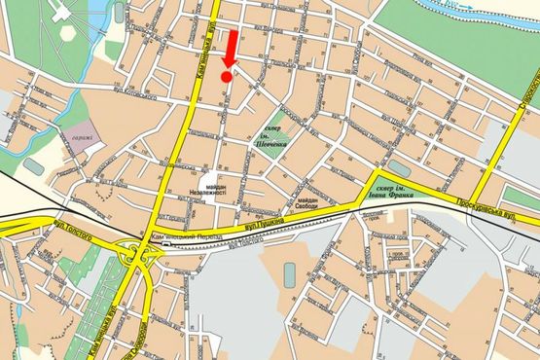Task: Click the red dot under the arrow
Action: (227, 76)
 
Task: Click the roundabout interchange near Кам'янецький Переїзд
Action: (140, 256)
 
